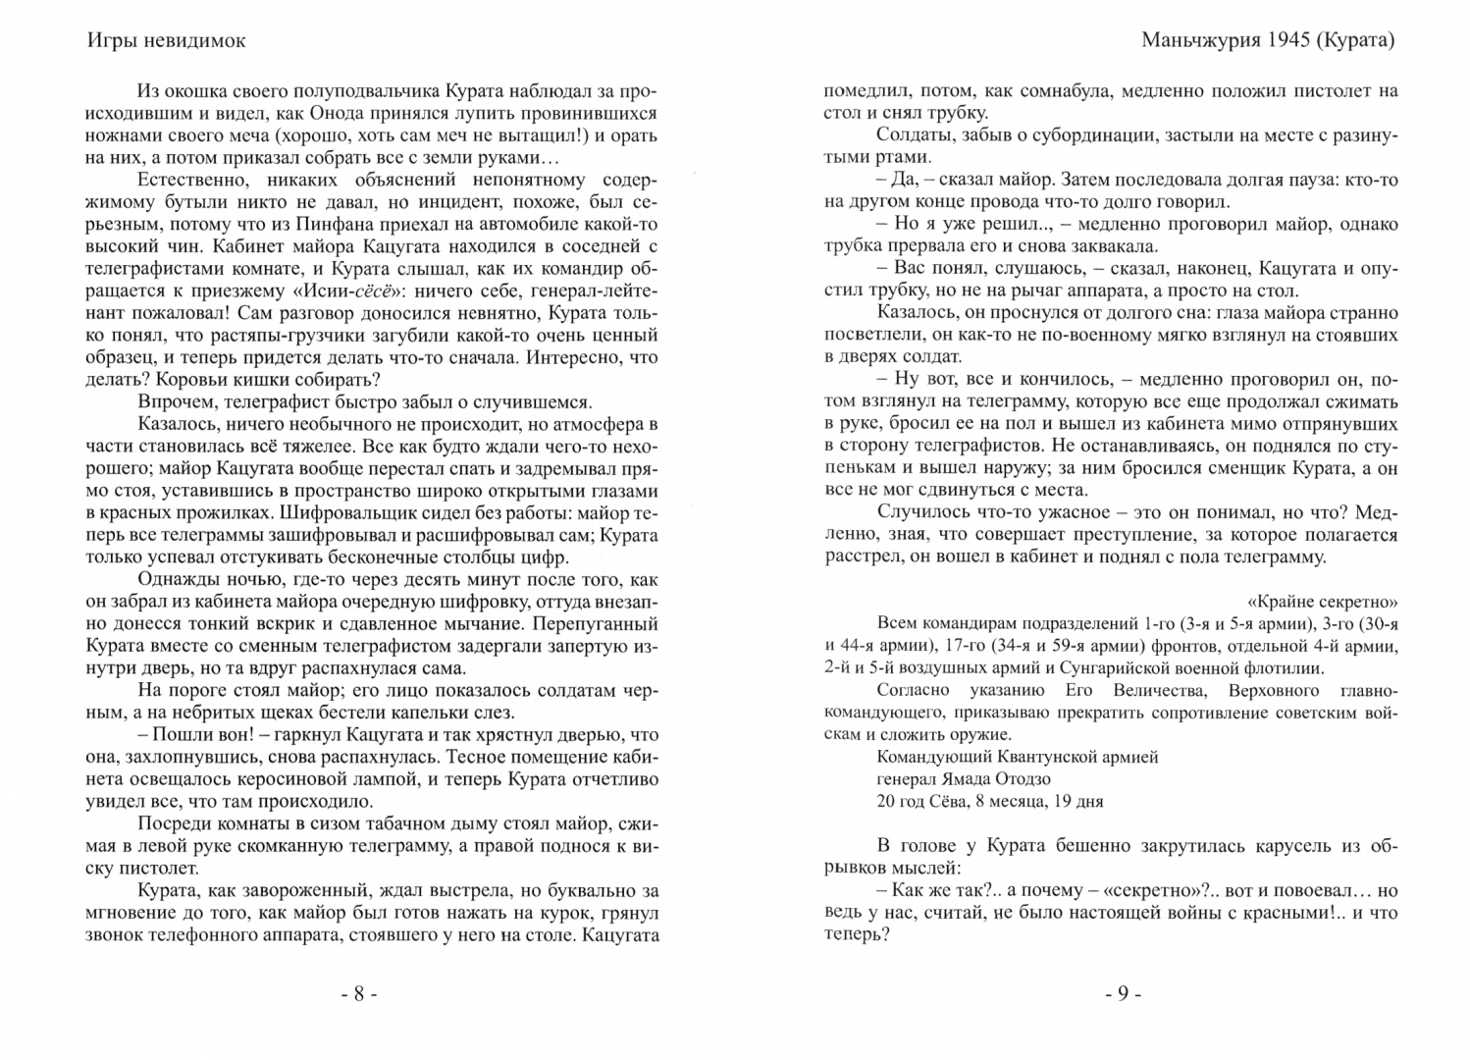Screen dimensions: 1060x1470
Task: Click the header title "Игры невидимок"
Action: pyautogui.click(x=166, y=41)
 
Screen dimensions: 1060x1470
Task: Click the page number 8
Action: pyautogui.click(x=358, y=994)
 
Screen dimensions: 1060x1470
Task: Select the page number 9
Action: pyautogui.click(x=1122, y=994)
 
